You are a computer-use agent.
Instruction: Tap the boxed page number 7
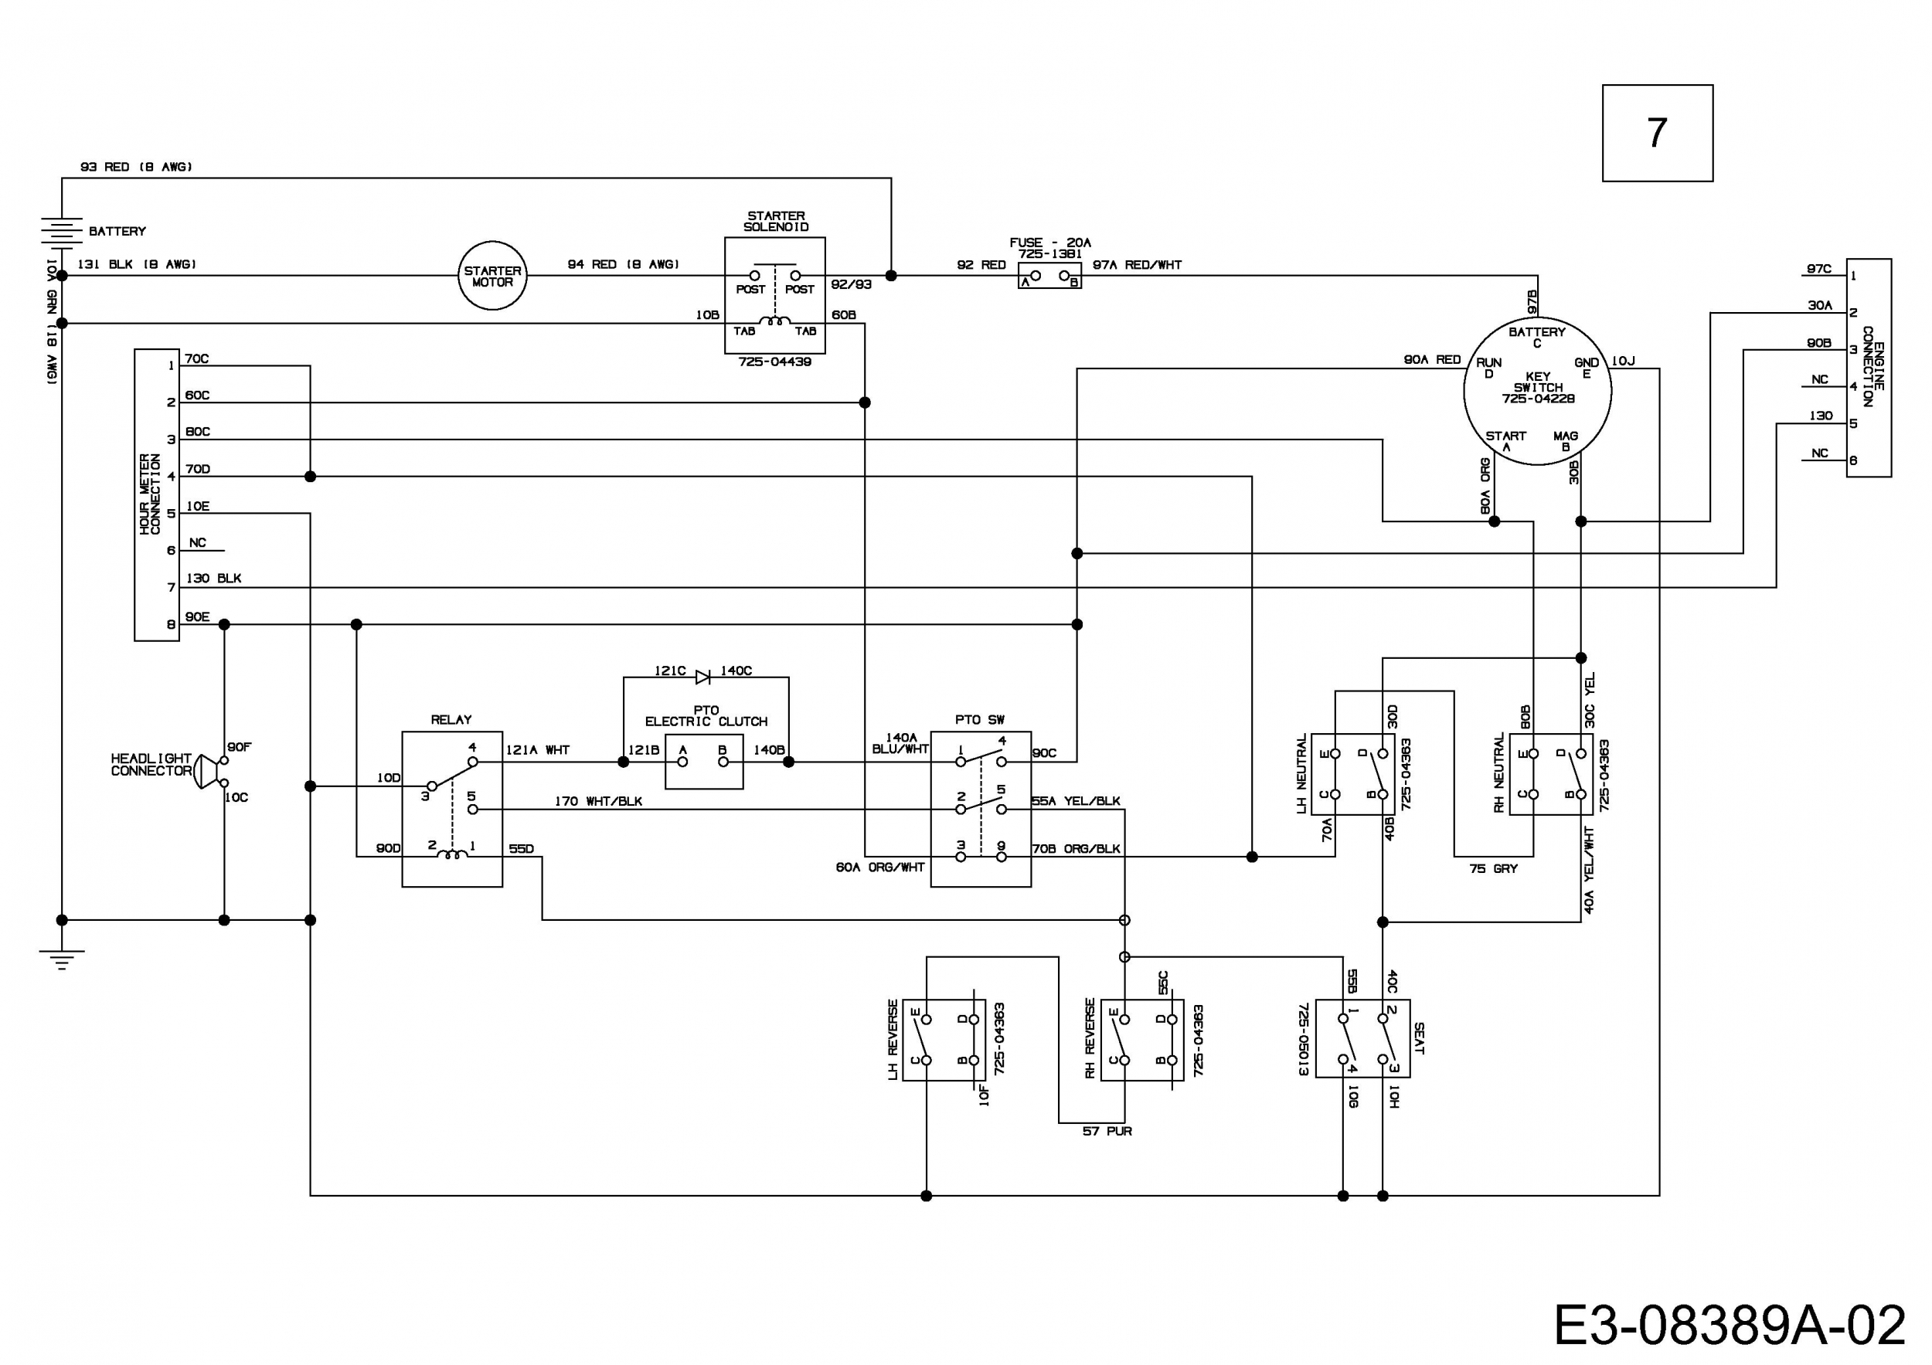[x=1657, y=133]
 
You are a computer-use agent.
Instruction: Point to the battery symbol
[x=61, y=232]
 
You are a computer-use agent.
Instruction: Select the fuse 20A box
[x=1049, y=276]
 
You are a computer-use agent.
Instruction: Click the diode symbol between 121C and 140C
[x=702, y=676]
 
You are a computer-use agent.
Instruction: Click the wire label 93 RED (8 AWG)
[x=136, y=167]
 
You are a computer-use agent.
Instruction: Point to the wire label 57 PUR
[x=1107, y=1132]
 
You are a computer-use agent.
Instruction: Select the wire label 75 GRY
[x=1494, y=869]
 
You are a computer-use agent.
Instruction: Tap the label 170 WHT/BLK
[x=598, y=802]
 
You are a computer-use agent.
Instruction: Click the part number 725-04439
[x=775, y=362]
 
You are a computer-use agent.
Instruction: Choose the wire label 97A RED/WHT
[x=1137, y=265]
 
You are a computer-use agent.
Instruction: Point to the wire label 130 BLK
[x=214, y=579]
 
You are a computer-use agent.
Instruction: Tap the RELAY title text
[x=451, y=720]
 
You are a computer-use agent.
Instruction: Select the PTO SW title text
[x=979, y=720]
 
